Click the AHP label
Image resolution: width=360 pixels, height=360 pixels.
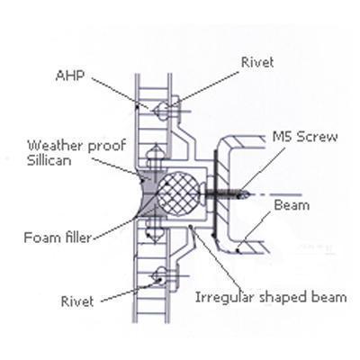point(69,76)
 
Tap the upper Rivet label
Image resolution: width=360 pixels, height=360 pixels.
point(257,62)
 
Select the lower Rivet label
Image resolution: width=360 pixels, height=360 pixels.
point(77,301)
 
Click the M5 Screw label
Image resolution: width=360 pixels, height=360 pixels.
point(305,137)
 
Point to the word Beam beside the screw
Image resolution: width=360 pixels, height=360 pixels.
point(292,205)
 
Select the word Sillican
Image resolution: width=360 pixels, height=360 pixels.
point(49,160)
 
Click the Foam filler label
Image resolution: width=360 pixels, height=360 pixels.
point(58,238)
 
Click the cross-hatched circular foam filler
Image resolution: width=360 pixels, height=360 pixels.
point(178,193)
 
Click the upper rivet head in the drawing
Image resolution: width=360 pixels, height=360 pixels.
point(161,112)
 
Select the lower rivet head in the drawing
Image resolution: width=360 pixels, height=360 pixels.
point(159,276)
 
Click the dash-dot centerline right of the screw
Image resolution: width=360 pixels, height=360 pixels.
point(274,194)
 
